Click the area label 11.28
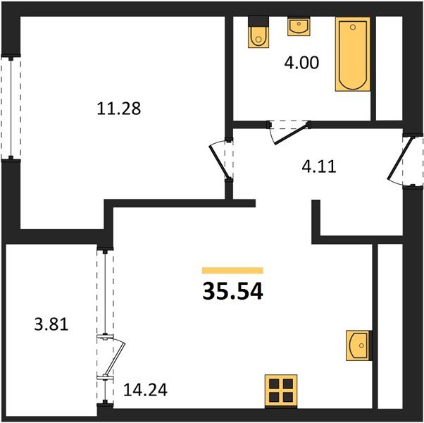pos(118,109)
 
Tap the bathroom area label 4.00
pos(301,63)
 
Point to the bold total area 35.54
pos(232,290)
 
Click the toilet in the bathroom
pos(258,35)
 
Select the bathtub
pos(352,55)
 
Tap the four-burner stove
pos(280,390)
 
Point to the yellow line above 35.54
pos(232,270)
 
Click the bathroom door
pos(290,131)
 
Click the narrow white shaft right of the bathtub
pos(385,67)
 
